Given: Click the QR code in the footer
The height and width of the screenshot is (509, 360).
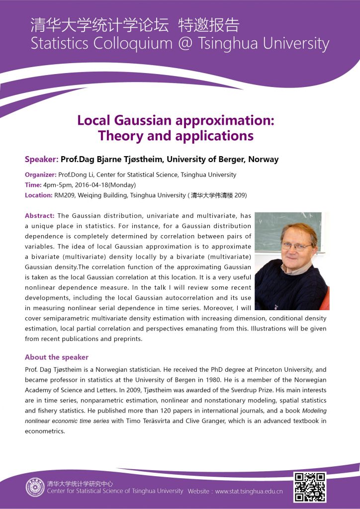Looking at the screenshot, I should pyautogui.click(x=310, y=487).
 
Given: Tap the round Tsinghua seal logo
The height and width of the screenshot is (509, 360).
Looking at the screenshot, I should pyautogui.click(x=35, y=487).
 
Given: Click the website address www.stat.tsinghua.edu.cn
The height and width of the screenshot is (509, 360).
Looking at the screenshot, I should pyautogui.click(x=248, y=491).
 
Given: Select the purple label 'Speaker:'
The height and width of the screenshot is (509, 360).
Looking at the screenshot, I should pyautogui.click(x=41, y=160).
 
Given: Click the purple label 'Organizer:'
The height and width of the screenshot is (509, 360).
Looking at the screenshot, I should pyautogui.click(x=41, y=174).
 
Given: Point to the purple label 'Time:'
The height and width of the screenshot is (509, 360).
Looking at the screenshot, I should pyautogui.click(x=33, y=185).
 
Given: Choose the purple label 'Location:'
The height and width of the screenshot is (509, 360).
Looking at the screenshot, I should pyautogui.click(x=38, y=195).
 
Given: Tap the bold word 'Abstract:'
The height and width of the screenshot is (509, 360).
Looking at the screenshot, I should pyautogui.click(x=40, y=216).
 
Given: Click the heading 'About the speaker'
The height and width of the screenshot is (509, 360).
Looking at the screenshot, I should pyautogui.click(x=57, y=357).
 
